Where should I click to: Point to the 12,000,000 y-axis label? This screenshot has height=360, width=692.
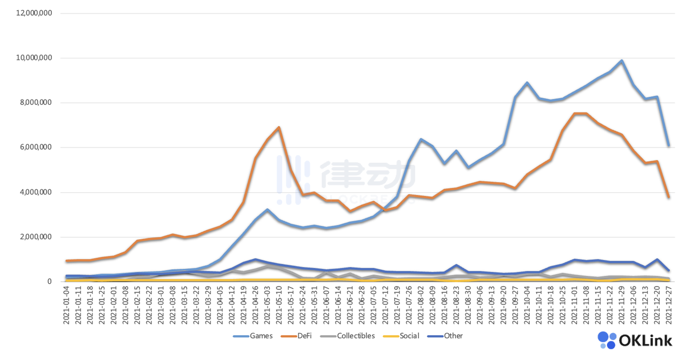tap(34, 13)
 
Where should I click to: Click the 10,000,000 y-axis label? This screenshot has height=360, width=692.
tap(34, 58)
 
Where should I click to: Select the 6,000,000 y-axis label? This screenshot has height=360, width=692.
tap(36, 147)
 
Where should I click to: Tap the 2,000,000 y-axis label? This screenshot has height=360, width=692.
tap(36, 237)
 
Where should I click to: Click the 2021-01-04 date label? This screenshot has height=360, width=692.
tap(66, 305)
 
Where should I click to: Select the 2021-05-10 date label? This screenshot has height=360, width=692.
tap(279, 305)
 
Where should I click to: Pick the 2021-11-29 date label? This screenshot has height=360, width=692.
tap(622, 305)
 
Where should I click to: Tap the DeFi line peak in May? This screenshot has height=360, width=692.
tap(279, 128)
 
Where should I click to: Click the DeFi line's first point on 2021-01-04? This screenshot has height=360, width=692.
tap(66, 261)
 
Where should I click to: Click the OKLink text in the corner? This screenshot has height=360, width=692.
tap(646, 341)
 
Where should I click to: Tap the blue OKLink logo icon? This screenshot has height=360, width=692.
tap(607, 340)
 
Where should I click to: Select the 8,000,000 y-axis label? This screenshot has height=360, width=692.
tap(36, 103)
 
